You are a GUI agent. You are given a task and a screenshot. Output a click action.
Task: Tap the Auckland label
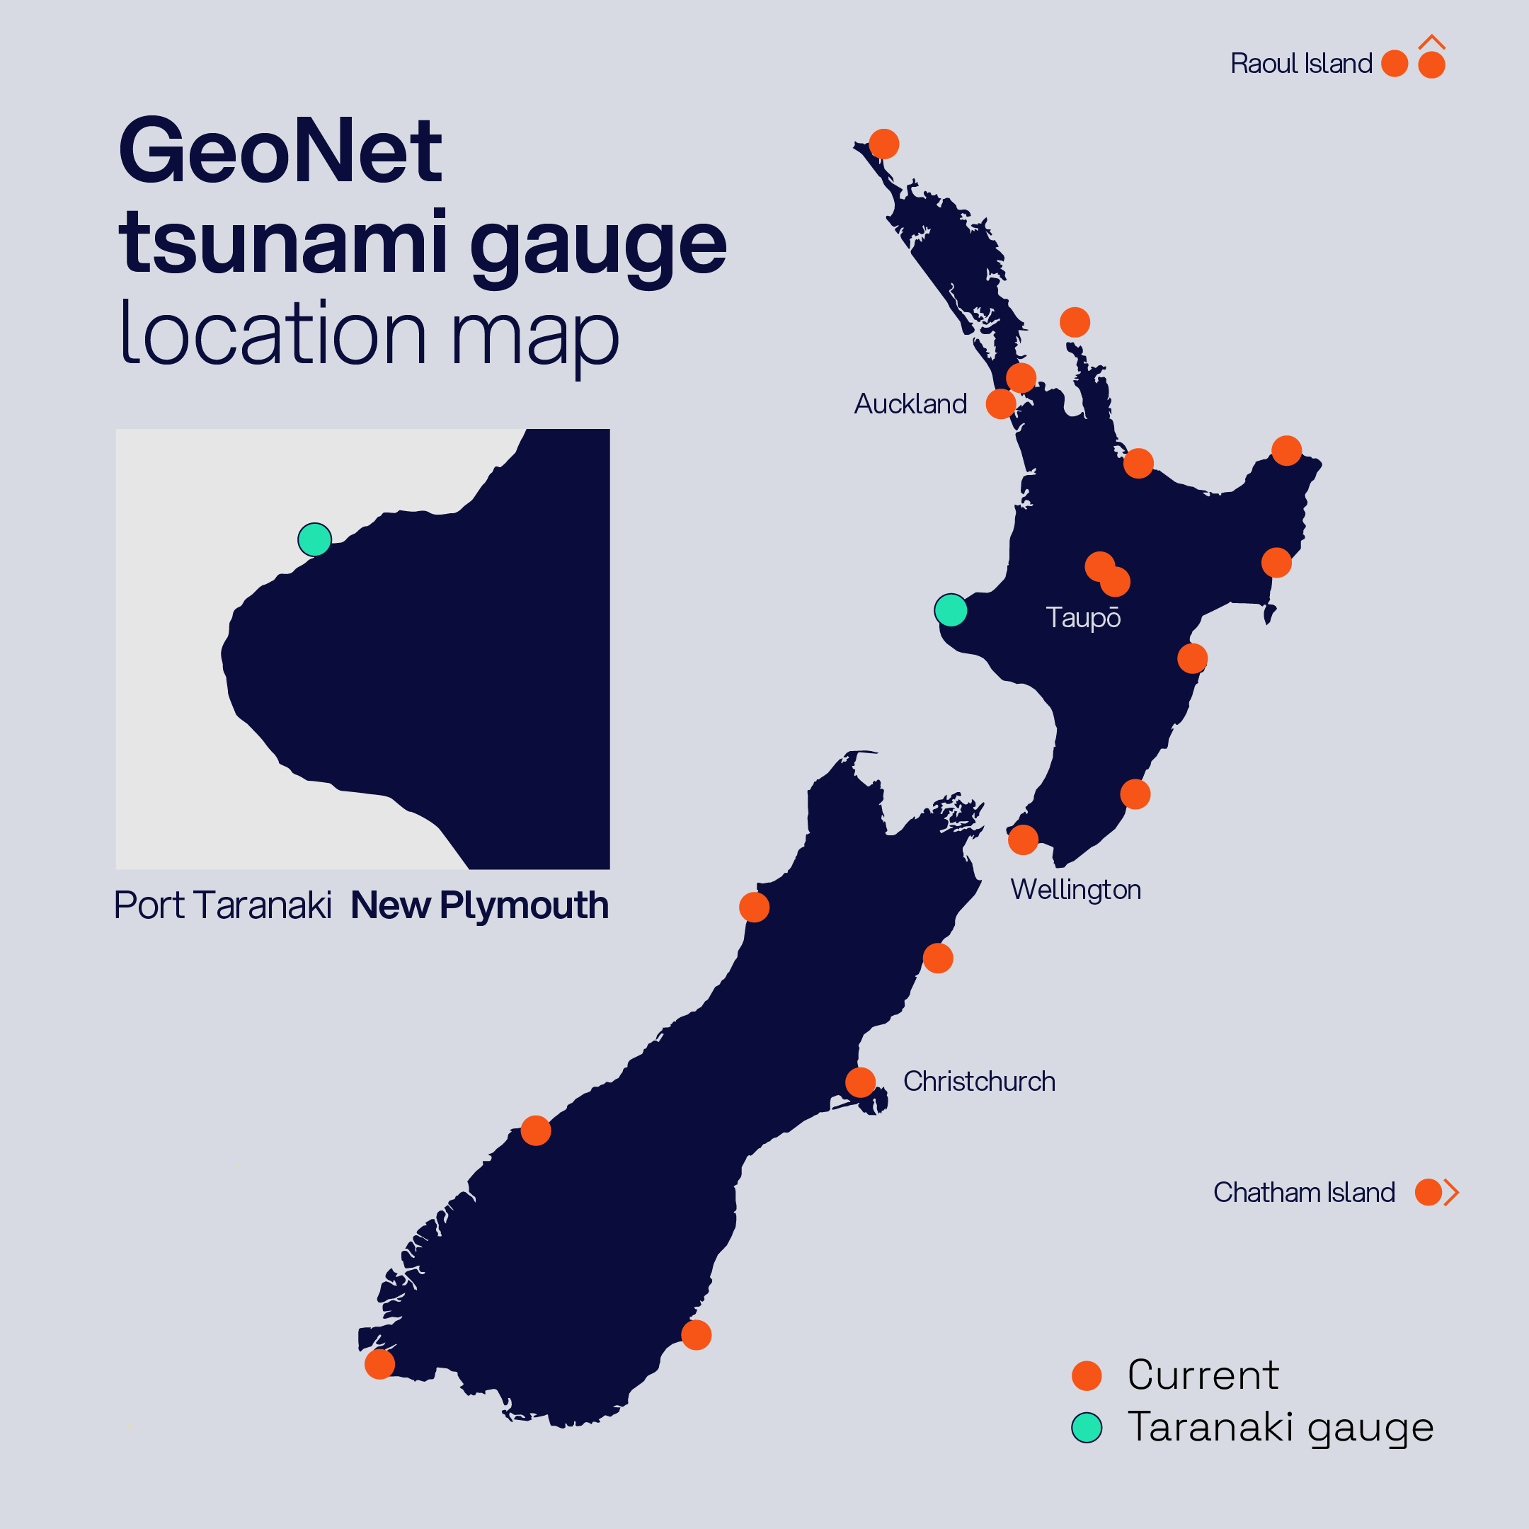pos(910,404)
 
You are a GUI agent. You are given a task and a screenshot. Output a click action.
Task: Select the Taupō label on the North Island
pos(1082,617)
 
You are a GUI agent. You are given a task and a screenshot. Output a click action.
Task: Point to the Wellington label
pos(1075,890)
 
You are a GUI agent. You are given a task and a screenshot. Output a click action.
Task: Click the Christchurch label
pos(979,1081)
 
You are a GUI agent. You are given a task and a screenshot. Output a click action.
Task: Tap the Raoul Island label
pos(1301,63)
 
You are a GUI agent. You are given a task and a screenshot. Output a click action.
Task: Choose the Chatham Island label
pos(1303,1192)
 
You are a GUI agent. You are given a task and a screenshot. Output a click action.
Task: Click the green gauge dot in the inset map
pos(314,539)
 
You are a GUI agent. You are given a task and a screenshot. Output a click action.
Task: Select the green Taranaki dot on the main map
pos(951,610)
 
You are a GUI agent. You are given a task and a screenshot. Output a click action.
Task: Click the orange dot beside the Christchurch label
pos(860,1082)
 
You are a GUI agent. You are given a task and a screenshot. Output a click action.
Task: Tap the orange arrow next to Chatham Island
pos(1450,1192)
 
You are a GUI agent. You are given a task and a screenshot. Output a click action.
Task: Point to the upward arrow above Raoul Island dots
pos(1431,42)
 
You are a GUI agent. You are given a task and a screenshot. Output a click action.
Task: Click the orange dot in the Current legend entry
pos(1087,1375)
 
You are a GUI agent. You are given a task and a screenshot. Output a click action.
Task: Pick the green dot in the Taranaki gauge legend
pos(1087,1428)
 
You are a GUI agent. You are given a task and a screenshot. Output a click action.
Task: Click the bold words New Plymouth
pos(480,905)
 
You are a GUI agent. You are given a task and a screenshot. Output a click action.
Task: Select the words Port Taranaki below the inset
pos(222,905)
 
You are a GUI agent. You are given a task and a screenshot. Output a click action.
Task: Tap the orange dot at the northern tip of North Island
pos(884,144)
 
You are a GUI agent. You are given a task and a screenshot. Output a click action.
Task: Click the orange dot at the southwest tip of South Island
pos(380,1364)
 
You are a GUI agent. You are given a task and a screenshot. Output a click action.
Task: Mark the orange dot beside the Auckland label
pos(1001,403)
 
